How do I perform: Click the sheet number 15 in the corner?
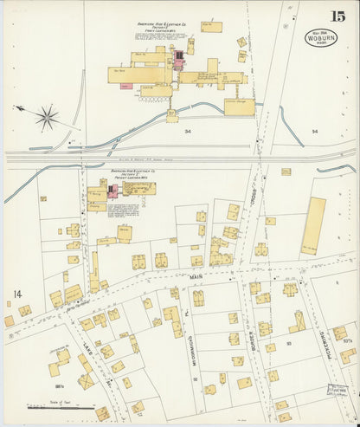(x=337, y=16)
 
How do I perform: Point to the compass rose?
(x=46, y=116)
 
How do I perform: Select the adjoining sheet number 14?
(x=16, y=294)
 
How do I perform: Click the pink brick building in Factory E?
(x=180, y=59)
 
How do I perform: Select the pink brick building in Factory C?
(x=112, y=191)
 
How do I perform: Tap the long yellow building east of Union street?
(x=313, y=225)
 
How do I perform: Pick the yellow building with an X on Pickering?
(x=297, y=321)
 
